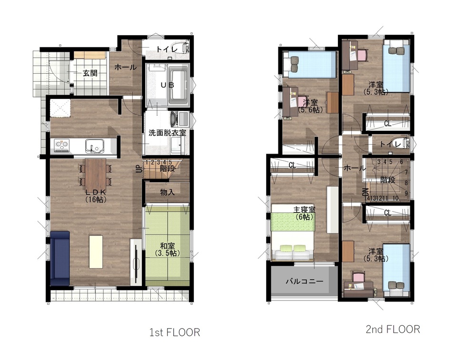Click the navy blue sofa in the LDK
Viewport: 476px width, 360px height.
pos(60,258)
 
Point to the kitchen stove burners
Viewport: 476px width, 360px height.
pos(62,146)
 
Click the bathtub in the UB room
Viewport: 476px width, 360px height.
pos(178,87)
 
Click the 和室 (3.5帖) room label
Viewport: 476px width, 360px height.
pos(167,249)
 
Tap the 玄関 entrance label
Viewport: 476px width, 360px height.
pos(90,73)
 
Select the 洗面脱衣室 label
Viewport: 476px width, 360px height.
pos(167,133)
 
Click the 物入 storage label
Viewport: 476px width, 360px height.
pos(167,192)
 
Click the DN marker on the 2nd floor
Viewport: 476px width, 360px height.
pos(366,192)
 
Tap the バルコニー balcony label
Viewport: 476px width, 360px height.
pos(305,281)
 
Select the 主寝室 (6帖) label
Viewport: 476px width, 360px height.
pos(305,213)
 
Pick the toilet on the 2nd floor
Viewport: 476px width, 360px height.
pos(402,143)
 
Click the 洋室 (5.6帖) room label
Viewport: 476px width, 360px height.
pos(310,106)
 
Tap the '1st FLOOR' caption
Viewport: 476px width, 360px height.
pos(175,332)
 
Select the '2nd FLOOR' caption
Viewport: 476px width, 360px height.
pos(393,329)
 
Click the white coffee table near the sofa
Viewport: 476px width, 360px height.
pos(96,252)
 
